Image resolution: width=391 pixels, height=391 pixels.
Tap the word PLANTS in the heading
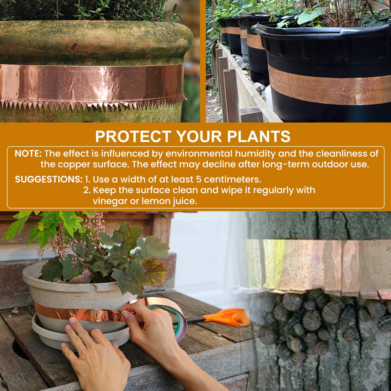[x=259, y=136]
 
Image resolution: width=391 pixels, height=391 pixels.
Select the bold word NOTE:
[x=28, y=154]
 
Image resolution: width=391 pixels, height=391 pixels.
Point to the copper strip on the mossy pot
[x=93, y=83]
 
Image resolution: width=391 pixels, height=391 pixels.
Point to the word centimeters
[x=231, y=179]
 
